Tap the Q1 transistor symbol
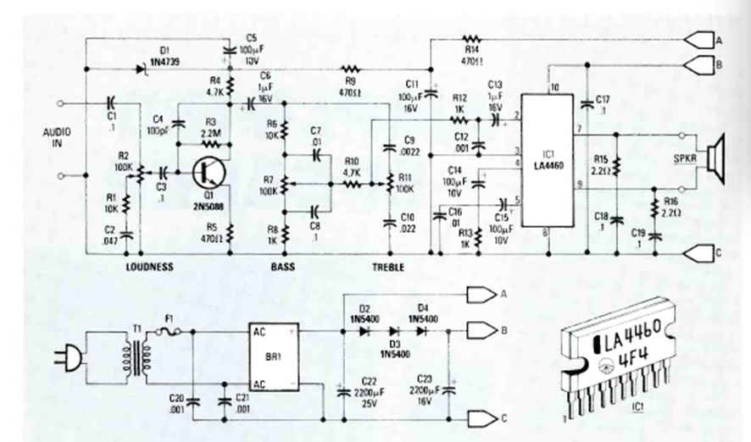click(x=209, y=172)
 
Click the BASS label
click(x=283, y=267)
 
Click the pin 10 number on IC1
click(x=555, y=88)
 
